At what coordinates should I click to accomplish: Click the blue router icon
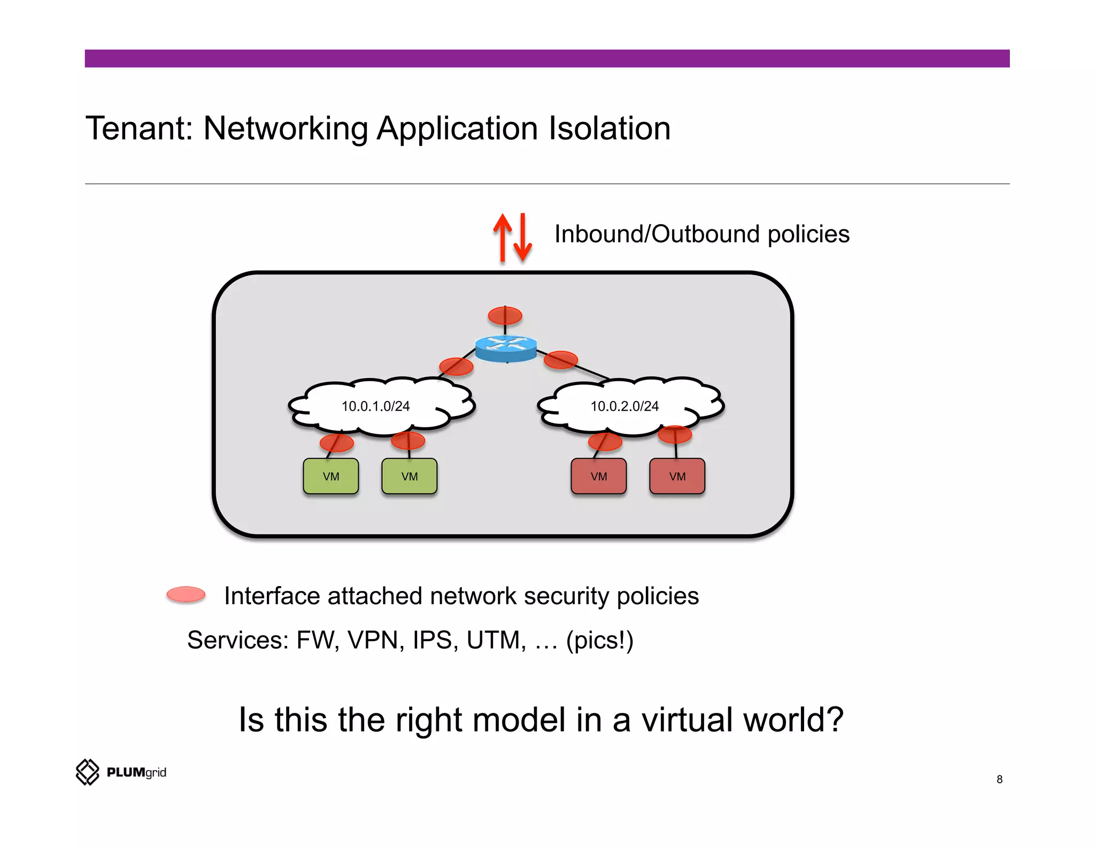pyautogui.click(x=506, y=348)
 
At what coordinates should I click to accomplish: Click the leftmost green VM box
pyautogui.click(x=331, y=476)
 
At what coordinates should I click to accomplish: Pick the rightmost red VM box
pyautogui.click(x=677, y=476)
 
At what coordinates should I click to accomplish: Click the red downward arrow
pyautogui.click(x=522, y=237)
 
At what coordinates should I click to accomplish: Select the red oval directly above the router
pyautogui.click(x=505, y=316)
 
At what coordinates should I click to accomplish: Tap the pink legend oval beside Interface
pyautogui.click(x=186, y=594)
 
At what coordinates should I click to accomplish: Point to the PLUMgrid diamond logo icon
pyautogui.click(x=88, y=772)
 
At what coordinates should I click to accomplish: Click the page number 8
pyautogui.click(x=999, y=779)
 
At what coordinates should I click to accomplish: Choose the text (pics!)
pyautogui.click(x=599, y=640)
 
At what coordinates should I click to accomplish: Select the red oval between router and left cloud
pyautogui.click(x=456, y=366)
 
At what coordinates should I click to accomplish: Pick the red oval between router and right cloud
pyautogui.click(x=560, y=359)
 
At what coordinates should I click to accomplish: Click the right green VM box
pyautogui.click(x=410, y=476)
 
